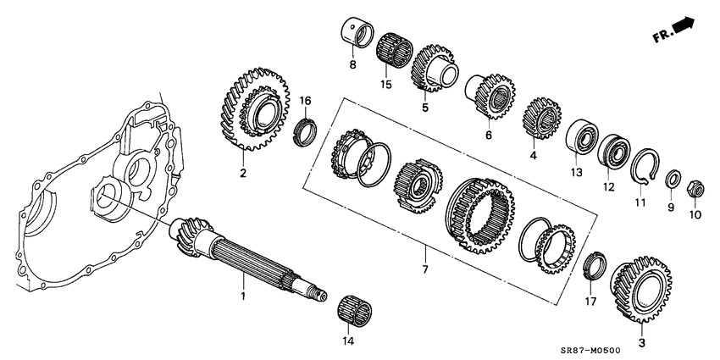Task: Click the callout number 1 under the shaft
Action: pyautogui.click(x=242, y=296)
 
